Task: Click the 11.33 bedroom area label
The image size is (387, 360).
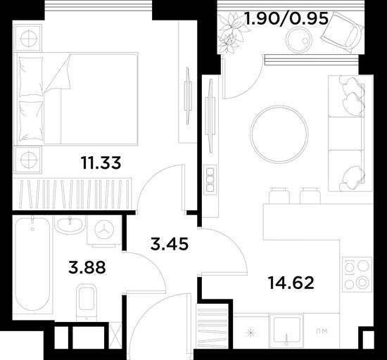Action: tap(101, 163)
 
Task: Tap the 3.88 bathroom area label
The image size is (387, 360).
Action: tap(87, 267)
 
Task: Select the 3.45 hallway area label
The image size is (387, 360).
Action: tap(170, 244)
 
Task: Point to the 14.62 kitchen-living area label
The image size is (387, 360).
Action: tap(291, 283)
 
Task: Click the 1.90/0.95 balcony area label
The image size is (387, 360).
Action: tap(286, 18)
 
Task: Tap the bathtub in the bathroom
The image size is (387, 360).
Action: tap(32, 264)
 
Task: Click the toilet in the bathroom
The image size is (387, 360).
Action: tap(86, 302)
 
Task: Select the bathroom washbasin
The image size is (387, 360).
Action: tap(70, 224)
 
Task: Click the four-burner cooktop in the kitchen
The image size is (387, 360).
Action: tap(357, 274)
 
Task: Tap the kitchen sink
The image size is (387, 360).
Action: tap(286, 330)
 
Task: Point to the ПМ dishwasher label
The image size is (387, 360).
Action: tap(322, 331)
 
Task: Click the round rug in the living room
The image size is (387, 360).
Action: tap(279, 134)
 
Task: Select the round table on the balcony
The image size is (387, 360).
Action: tap(298, 39)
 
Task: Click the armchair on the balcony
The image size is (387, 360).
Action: tap(343, 32)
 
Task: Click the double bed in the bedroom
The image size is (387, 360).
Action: tap(76, 98)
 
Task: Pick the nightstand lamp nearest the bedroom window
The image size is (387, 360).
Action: tap(28, 39)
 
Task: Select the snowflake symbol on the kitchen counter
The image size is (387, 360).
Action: tap(250, 334)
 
